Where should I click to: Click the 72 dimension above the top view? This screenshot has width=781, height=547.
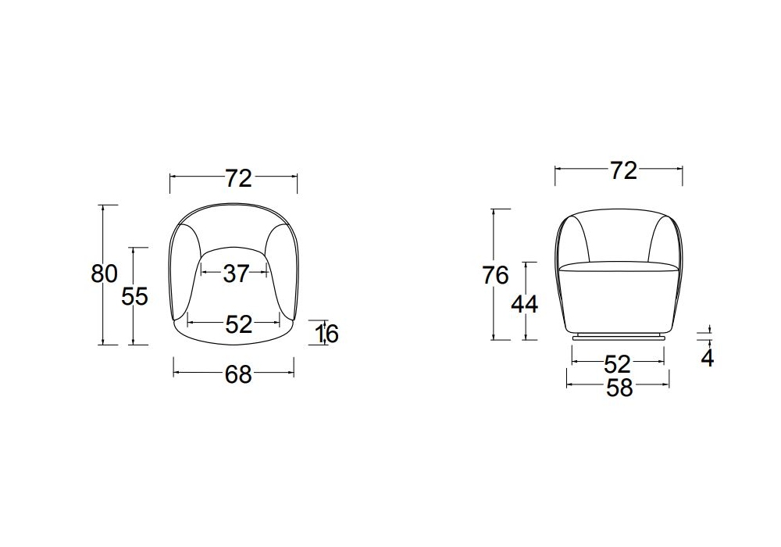click(238, 178)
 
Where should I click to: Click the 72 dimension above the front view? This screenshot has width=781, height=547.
click(623, 171)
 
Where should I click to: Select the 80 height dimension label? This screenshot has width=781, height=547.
click(104, 273)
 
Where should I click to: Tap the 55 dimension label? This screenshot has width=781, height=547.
click(135, 297)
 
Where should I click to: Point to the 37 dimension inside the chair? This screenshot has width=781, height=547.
click(236, 273)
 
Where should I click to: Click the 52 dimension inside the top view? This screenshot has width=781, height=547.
click(239, 324)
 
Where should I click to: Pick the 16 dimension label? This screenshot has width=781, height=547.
click(328, 334)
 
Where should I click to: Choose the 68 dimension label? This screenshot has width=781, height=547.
click(238, 374)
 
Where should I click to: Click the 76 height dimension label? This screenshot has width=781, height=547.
click(496, 276)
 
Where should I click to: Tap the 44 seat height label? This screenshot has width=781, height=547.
click(525, 304)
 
